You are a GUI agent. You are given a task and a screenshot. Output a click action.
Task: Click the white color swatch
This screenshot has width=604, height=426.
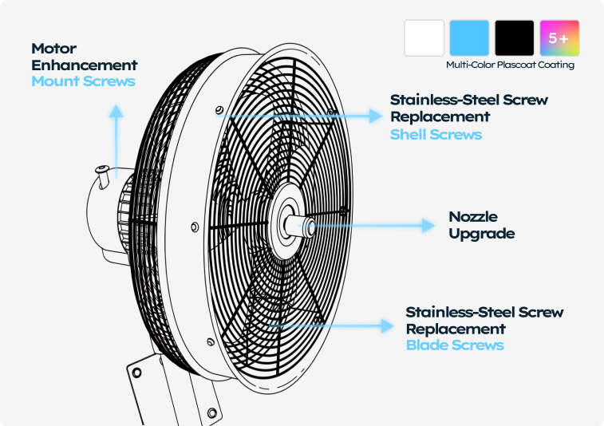pos(424,37)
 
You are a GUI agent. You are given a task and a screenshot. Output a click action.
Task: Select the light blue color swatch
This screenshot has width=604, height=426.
pos(469,37)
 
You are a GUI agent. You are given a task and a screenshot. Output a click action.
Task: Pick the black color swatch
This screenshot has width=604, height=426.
pos(514,37)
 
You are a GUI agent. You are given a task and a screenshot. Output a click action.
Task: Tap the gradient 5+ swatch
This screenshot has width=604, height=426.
pos(559,37)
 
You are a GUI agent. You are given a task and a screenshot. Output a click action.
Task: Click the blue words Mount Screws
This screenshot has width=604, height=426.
pos(83,81)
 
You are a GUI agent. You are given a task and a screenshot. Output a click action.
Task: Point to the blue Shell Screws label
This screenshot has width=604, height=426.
pos(436,134)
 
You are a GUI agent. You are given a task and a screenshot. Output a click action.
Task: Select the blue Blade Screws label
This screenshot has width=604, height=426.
pos(455,345)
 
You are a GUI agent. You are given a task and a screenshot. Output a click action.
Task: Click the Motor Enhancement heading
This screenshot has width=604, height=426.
pos(85,57)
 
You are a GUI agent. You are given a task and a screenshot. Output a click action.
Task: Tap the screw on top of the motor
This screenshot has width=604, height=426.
pos(101,169)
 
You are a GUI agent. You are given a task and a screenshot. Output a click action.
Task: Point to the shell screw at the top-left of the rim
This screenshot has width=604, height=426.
pos(219,109)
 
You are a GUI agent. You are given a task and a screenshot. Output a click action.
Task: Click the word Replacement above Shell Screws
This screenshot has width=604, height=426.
pos(440,116)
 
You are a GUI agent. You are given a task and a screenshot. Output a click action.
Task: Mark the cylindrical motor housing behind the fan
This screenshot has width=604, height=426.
pos(100,215)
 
